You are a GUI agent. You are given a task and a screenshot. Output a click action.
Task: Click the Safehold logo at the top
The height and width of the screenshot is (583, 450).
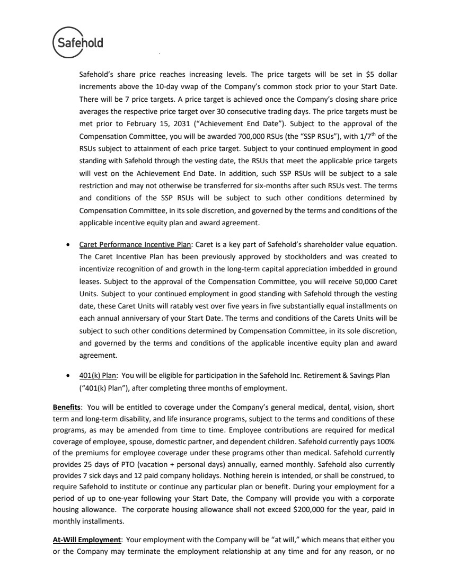78,41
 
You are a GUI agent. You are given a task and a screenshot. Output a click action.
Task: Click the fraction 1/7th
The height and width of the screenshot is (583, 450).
355,136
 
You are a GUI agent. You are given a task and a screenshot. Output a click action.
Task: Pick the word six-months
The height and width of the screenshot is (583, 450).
261,186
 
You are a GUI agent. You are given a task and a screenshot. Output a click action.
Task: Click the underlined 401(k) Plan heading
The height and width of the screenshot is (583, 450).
98,375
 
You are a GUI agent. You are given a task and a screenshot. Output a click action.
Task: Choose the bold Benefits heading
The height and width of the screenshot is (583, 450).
66,407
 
